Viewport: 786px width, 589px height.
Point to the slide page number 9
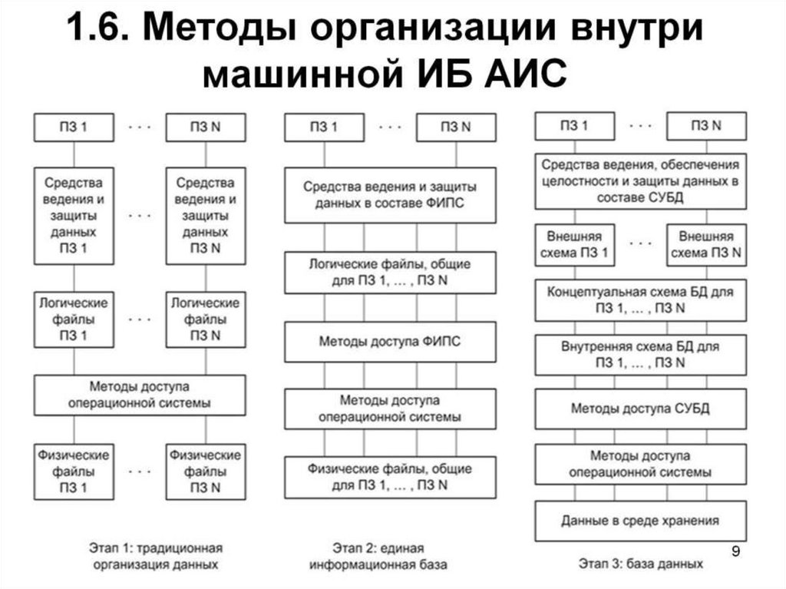pyautogui.click(x=736, y=551)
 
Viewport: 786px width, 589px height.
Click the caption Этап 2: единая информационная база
pyautogui.click(x=378, y=557)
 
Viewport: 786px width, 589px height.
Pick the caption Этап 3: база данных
pyautogui.click(x=640, y=563)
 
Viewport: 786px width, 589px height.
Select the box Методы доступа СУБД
pyautogui.click(x=640, y=408)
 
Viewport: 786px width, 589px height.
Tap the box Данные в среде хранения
pyautogui.click(x=640, y=521)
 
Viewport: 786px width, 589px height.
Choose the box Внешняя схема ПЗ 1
pyautogui.click(x=575, y=244)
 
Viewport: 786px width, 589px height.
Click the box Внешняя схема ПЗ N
pyautogui.click(x=706, y=244)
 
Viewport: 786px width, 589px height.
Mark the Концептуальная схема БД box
pyautogui.click(x=640, y=300)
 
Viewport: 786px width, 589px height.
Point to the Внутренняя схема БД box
pyautogui.click(x=640, y=354)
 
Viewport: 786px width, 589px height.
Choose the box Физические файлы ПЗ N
pyautogui.click(x=205, y=468)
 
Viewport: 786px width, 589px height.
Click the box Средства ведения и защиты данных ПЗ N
pyautogui.click(x=205, y=215)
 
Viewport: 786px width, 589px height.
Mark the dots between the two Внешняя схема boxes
pyautogui.click(x=640, y=243)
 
